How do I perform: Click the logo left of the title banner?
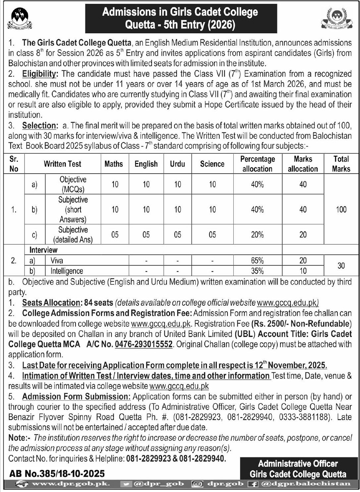(20, 19)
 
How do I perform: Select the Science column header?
(212, 164)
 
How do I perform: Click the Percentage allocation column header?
(258, 164)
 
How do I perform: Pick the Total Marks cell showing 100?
(341, 210)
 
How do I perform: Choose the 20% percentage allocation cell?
(258, 235)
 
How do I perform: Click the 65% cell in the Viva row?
(258, 261)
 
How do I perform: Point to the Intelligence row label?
(67, 271)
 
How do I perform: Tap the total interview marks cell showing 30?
(341, 266)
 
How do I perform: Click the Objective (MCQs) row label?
(73, 184)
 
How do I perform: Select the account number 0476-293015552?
(144, 344)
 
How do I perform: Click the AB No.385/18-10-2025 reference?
(57, 473)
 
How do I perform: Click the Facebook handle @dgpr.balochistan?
(305, 484)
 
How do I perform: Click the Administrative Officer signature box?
(298, 469)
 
